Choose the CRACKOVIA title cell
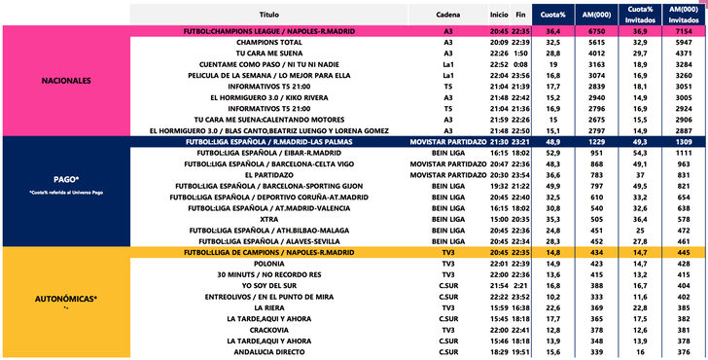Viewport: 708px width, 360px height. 269,330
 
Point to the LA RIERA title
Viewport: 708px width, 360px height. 269,307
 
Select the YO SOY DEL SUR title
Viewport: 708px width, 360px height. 269,285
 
